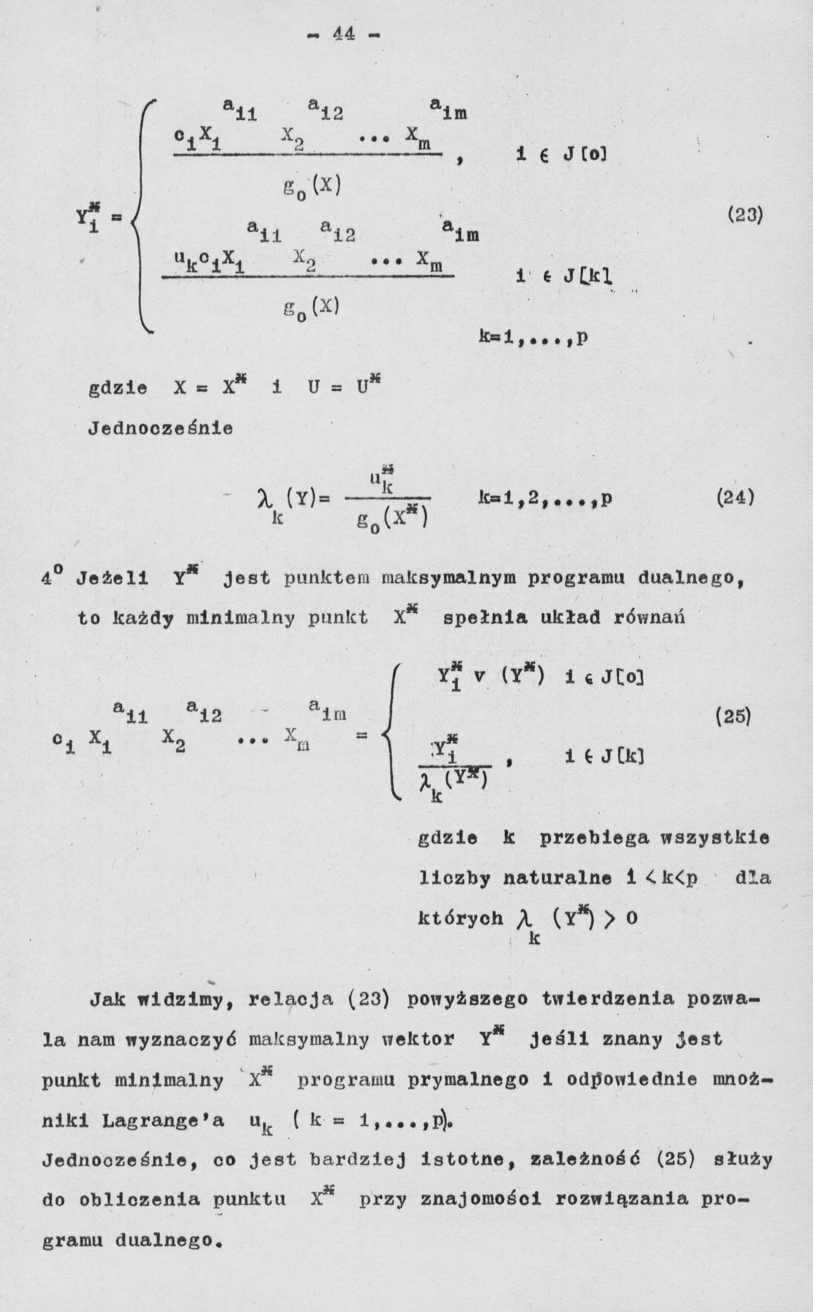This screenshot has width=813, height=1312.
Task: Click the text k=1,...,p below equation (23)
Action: (533, 338)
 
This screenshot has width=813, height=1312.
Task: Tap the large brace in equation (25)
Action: (390, 734)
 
